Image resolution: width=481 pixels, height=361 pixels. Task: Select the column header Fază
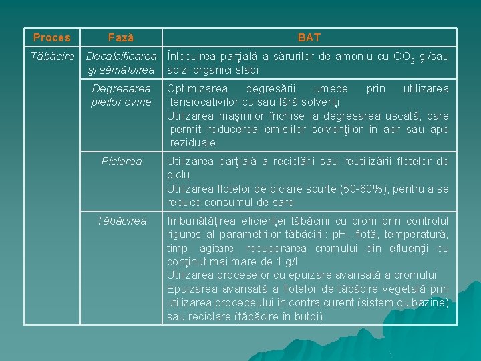[x=121, y=38]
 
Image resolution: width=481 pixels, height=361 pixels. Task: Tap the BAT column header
[x=309, y=38]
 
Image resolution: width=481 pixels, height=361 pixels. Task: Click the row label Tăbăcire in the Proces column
[x=53, y=57]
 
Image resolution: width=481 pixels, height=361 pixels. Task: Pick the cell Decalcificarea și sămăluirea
[x=122, y=64]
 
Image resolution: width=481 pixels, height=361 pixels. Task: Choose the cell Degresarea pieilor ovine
[x=122, y=95]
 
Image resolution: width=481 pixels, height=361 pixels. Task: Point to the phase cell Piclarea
[x=122, y=161]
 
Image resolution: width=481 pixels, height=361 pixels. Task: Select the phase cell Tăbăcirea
[x=122, y=221]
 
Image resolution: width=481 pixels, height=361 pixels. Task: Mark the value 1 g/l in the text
[x=286, y=261]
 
